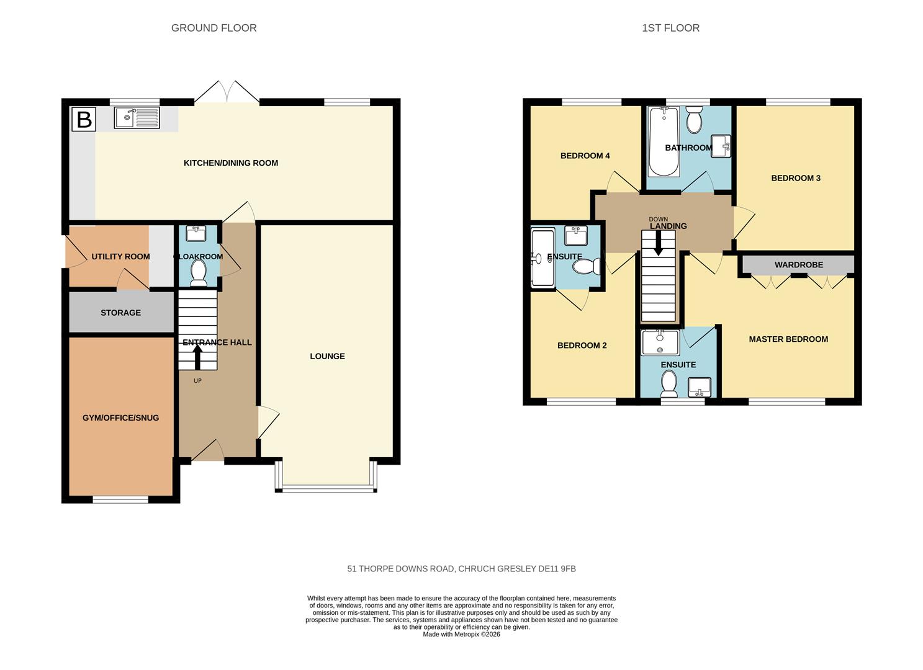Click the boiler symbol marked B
click(x=83, y=119)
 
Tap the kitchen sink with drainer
click(x=137, y=117)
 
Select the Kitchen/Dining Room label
click(x=231, y=163)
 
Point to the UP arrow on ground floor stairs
click(x=197, y=357)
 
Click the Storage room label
click(x=120, y=313)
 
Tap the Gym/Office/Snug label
click(x=120, y=418)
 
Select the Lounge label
click(x=327, y=356)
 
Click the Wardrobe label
click(x=798, y=265)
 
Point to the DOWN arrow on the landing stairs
click(x=658, y=243)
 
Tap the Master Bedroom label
click(x=788, y=339)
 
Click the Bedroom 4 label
click(x=585, y=156)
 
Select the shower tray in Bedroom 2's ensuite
click(x=543, y=258)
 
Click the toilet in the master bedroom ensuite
click(x=669, y=384)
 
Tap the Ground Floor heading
click(x=214, y=28)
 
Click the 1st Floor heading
click(x=670, y=28)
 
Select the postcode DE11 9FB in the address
click(x=557, y=569)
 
